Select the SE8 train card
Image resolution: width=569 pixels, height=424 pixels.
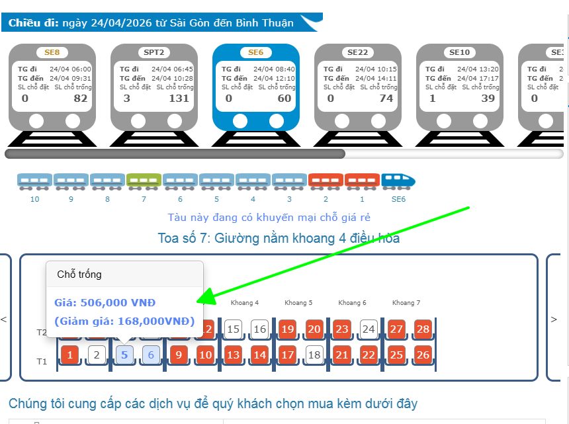coord(52,86)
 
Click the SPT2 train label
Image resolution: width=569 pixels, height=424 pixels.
coord(153,52)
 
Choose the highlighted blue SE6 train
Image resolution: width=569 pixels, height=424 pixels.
coord(255,86)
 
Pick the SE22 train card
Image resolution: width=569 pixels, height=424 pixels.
coord(357,86)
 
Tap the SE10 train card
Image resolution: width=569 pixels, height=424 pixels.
coord(459,86)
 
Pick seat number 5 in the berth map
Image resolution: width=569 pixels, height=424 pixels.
coord(124,355)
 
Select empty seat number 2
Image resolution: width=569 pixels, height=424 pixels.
coord(97,355)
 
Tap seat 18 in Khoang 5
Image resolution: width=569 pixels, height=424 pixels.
coord(314,355)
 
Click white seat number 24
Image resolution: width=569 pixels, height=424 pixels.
coord(369,329)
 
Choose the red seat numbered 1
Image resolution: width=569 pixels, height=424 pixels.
coord(70,355)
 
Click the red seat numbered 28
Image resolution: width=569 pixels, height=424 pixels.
coord(423,329)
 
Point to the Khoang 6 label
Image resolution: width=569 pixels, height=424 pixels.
coord(352,303)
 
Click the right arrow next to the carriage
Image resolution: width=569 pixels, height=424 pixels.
coord(554,319)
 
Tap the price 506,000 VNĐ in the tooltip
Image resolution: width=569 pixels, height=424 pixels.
coord(105,303)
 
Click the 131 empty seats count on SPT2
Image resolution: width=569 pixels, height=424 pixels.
coord(179,99)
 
